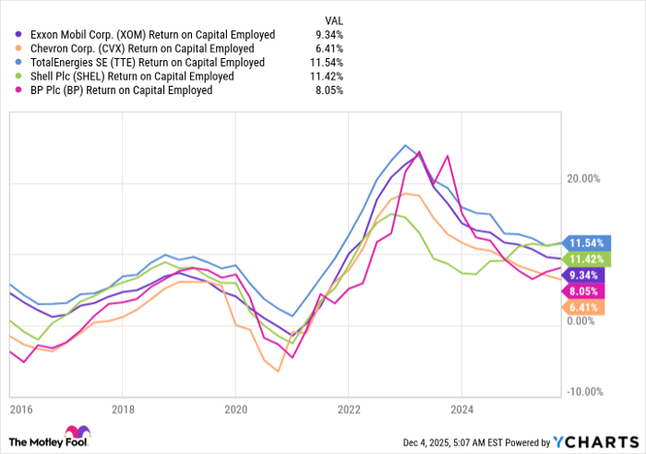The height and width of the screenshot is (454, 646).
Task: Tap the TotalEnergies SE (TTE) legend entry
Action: pos(147,63)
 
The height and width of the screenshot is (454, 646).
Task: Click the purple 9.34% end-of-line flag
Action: pos(581,274)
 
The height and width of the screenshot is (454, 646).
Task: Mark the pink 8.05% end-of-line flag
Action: pos(581,290)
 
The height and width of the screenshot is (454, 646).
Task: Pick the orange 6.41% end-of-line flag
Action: pos(581,307)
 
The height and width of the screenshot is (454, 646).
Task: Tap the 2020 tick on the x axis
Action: pos(235,408)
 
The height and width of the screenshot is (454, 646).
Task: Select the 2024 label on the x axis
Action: pos(461,408)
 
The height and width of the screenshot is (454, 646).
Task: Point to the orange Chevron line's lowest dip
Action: pos(277,371)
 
